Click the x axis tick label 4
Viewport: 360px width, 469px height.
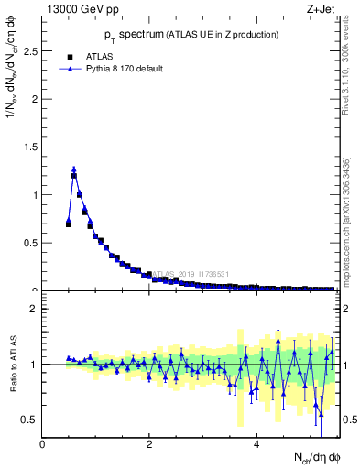point(257,444)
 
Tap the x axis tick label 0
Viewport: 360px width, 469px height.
point(42,444)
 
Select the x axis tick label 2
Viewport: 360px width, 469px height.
point(149,444)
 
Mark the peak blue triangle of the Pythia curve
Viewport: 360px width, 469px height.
point(74,169)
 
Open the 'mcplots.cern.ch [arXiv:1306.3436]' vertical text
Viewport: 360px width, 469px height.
point(350,220)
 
